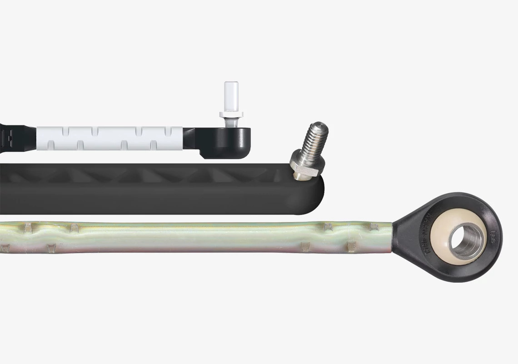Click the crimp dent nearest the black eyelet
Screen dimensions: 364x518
click(x=372, y=226)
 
